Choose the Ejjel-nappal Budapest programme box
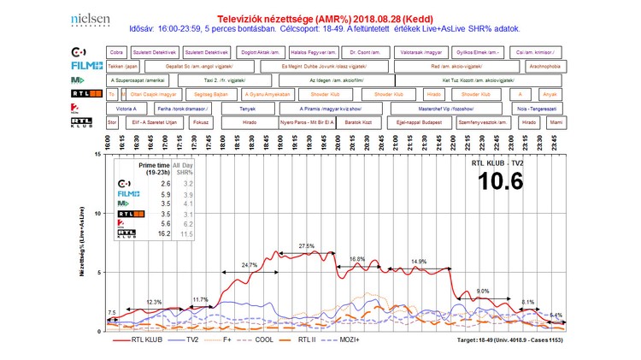[414, 123]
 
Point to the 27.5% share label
[307, 246]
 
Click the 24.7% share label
[250, 265]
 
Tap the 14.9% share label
[419, 261]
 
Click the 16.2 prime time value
[165, 233]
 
